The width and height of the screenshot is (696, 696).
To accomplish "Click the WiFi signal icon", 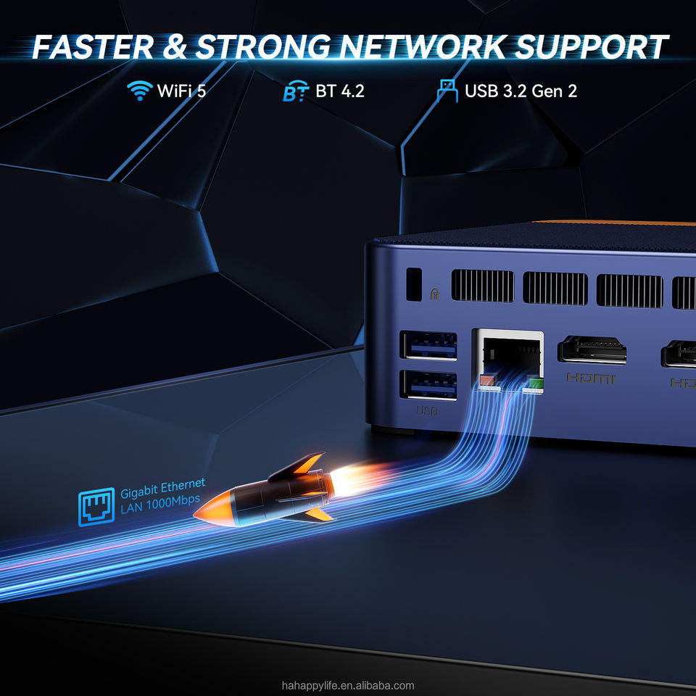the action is [x=139, y=91].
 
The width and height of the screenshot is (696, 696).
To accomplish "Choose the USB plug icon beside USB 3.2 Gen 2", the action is [x=447, y=91].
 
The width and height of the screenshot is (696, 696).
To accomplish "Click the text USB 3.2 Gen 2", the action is [x=521, y=91].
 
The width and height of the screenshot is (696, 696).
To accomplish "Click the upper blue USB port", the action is [x=428, y=346].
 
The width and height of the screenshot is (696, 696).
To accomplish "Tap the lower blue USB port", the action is [x=428, y=385].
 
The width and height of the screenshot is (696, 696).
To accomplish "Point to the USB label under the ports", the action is [x=427, y=411].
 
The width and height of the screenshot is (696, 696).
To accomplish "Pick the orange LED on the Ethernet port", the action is [x=485, y=381].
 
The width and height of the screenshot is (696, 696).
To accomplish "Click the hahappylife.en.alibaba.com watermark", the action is [x=348, y=685].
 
